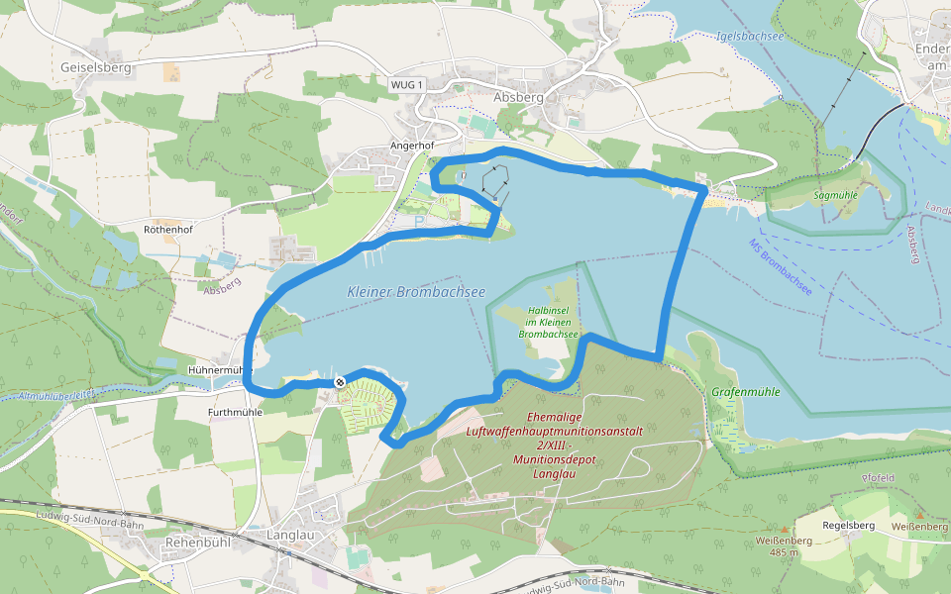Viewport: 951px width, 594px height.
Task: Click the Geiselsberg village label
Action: pyautogui.click(x=96, y=67)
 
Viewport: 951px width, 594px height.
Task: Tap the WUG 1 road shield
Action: pyautogui.click(x=406, y=85)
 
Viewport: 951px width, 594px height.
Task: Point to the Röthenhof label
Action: pyautogui.click(x=167, y=230)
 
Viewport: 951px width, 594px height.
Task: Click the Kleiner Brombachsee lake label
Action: pyautogui.click(x=416, y=292)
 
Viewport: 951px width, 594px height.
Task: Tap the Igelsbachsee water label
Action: pyautogui.click(x=750, y=38)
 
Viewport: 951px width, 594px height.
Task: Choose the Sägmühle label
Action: pyautogui.click(x=835, y=195)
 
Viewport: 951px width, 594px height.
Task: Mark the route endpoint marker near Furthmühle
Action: pyautogui.click(x=340, y=382)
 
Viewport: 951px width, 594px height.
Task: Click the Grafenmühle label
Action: pyautogui.click(x=746, y=392)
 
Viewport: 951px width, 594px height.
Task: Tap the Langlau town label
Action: pyautogui.click(x=290, y=536)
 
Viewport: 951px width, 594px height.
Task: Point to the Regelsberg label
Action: pyautogui.click(x=849, y=525)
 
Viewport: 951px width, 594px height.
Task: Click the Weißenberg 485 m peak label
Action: pyautogui.click(x=783, y=545)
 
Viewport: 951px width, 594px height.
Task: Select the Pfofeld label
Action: pyautogui.click(x=879, y=477)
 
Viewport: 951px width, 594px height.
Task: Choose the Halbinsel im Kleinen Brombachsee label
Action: pyautogui.click(x=548, y=322)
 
